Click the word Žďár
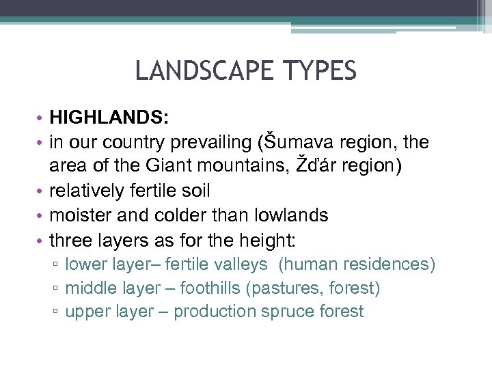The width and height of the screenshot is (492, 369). click(276, 166)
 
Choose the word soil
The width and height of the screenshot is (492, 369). click(194, 191)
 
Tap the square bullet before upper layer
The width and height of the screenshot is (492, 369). click(55, 313)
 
